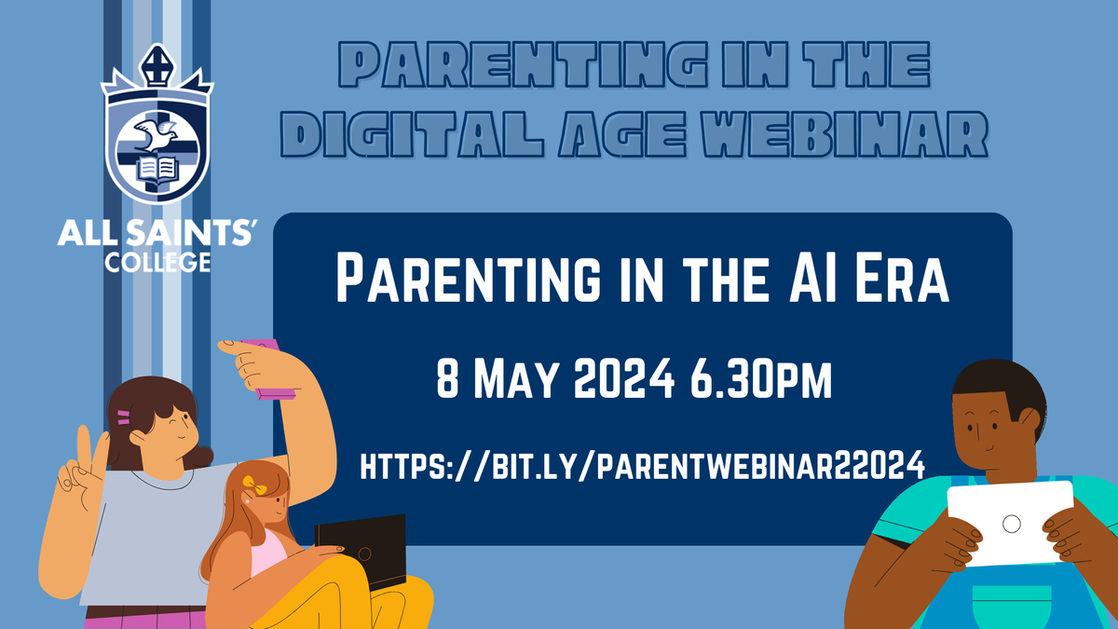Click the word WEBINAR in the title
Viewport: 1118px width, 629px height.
(x=844, y=134)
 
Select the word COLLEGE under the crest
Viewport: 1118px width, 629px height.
(x=157, y=263)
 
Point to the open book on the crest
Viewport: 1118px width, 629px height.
(x=157, y=169)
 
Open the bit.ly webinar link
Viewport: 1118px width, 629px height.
(x=642, y=465)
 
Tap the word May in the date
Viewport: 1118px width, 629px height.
(x=515, y=379)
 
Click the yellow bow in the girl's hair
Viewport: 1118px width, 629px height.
(x=254, y=485)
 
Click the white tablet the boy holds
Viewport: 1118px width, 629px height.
(x=1010, y=523)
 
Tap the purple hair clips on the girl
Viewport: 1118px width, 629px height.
(x=124, y=417)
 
